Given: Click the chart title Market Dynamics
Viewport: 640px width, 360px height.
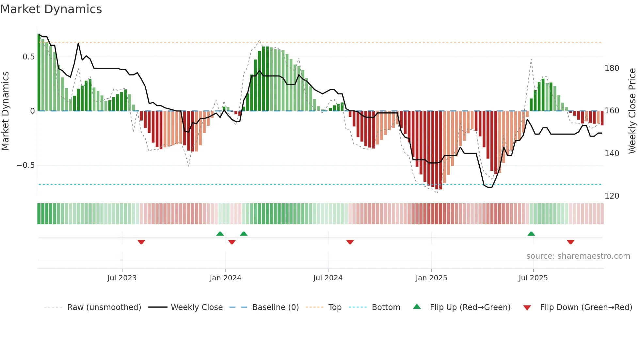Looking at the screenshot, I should (x=51, y=9).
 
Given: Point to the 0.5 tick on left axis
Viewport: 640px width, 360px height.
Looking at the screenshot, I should (x=28, y=57).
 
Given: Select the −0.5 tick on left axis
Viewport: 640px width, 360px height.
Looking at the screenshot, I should (x=26, y=165).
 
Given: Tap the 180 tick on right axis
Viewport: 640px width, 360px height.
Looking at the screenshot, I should (x=612, y=68).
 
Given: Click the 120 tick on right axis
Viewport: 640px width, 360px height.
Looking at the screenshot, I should (x=612, y=196).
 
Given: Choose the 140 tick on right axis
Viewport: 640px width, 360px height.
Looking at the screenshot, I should (x=612, y=154).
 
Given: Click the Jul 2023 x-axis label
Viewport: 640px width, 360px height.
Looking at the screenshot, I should (x=122, y=278).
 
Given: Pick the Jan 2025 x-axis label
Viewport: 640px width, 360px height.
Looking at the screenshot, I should (x=431, y=278).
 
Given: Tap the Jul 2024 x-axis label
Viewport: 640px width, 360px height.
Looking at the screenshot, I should (x=328, y=278).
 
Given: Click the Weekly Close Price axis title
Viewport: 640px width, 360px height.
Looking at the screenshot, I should (x=632, y=111).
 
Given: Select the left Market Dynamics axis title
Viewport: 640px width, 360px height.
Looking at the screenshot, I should (x=5, y=111).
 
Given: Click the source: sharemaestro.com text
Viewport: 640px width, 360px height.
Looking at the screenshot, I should (x=578, y=256).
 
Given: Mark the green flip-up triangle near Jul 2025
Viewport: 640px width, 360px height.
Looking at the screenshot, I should (x=531, y=234).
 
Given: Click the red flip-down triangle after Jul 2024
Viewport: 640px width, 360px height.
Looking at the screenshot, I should (x=350, y=242).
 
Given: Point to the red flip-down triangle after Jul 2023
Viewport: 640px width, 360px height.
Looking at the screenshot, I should (x=141, y=242).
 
